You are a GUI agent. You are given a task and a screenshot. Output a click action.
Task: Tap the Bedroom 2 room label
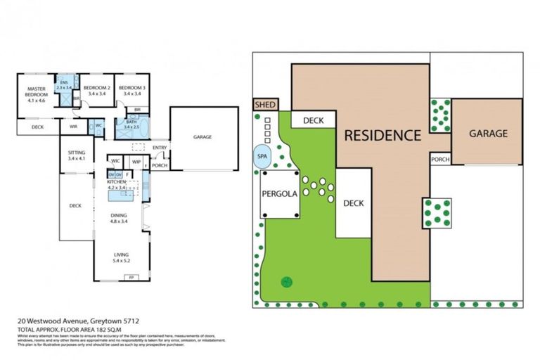click(x=96, y=90)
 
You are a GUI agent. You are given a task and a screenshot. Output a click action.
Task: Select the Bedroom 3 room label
click(x=132, y=90)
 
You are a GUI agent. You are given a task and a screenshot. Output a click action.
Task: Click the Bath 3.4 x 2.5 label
click(x=131, y=124)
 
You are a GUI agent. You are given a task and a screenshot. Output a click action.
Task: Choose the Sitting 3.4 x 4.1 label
click(x=77, y=155)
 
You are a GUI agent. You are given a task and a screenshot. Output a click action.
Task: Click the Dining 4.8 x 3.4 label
click(x=118, y=219)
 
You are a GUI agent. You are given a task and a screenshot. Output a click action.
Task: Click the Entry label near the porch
click(x=160, y=147)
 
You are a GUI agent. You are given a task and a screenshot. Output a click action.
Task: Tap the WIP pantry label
click(x=137, y=160)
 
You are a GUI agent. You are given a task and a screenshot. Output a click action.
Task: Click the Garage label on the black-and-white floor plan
click(x=202, y=137)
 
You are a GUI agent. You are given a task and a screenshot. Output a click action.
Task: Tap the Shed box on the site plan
click(x=264, y=104)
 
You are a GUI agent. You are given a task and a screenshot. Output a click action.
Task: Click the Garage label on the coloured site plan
click(x=487, y=133)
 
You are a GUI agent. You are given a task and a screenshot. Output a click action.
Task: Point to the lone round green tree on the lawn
click(x=286, y=282)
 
